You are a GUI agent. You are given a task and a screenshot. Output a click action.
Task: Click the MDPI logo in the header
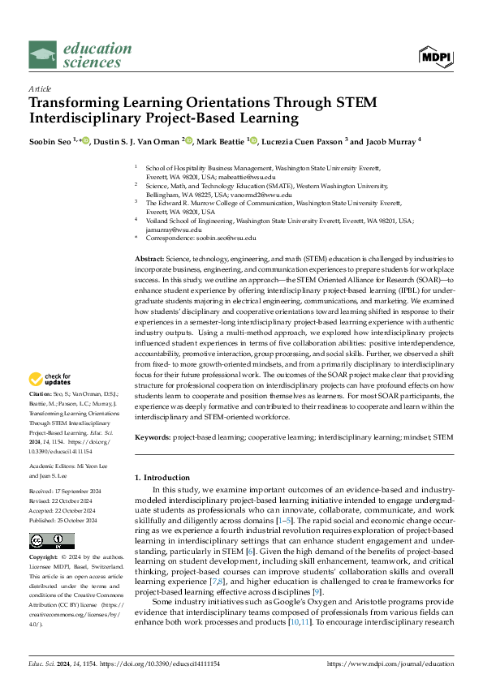point(436,56)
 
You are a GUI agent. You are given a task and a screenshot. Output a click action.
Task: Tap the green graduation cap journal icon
point(43,55)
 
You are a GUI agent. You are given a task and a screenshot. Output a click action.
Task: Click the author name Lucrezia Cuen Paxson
point(293,140)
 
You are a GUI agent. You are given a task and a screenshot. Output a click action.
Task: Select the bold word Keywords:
point(152,437)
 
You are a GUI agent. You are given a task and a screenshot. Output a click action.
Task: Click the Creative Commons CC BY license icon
point(52,541)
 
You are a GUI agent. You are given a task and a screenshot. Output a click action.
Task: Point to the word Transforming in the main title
point(77,103)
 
